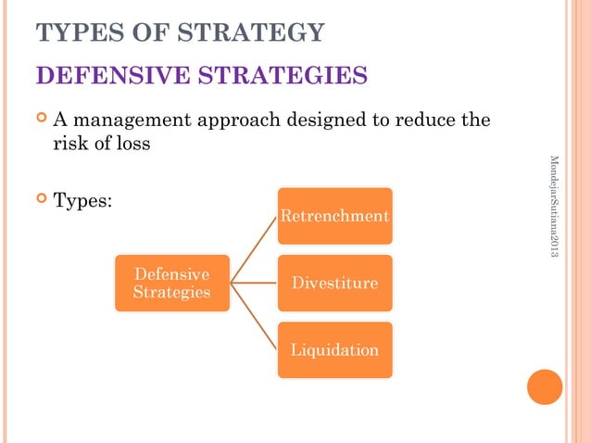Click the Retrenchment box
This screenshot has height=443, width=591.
coord(334,216)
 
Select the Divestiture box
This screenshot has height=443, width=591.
coord(334,283)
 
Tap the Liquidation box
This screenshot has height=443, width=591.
coord(334,349)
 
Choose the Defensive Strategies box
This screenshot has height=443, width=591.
coord(171,283)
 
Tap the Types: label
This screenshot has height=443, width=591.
coord(83,200)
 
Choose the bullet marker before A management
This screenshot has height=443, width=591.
coord(41,120)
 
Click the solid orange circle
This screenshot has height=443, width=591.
coord(545,386)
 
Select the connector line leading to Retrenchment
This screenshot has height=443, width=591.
coord(254,249)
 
